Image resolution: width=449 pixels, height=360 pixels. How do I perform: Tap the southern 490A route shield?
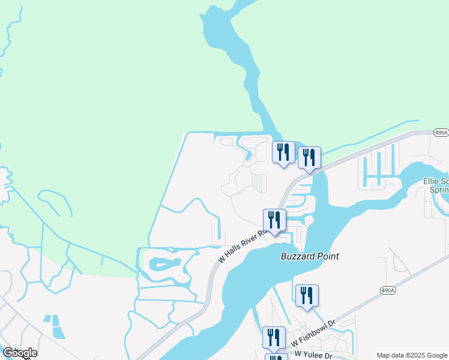click(x=388, y=290)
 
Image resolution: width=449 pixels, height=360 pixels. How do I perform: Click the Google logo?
click(x=20, y=352)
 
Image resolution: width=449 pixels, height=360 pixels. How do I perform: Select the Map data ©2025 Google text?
click(x=412, y=355)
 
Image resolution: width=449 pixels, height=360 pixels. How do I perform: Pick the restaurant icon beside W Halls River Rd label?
click(x=274, y=220)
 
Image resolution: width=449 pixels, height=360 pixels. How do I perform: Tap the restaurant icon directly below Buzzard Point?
click(x=307, y=296)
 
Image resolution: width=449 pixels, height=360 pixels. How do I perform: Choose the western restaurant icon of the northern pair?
click(x=283, y=152)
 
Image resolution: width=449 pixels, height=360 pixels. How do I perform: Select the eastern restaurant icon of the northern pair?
click(x=309, y=158)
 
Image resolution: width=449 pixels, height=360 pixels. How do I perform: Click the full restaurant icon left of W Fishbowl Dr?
click(x=274, y=337)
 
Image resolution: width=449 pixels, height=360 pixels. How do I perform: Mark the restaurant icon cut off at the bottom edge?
click(x=276, y=357)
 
